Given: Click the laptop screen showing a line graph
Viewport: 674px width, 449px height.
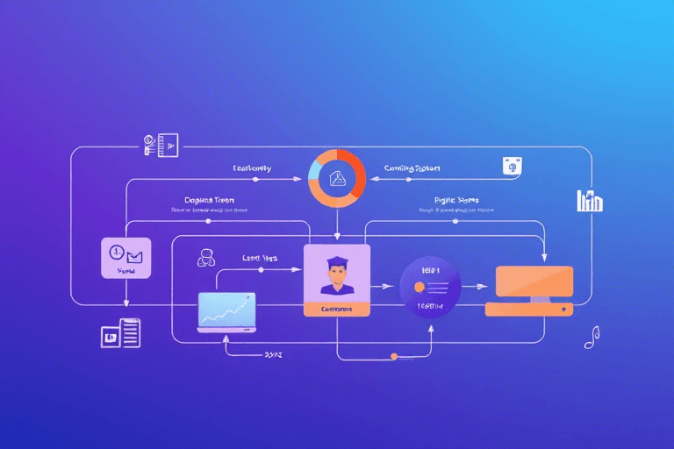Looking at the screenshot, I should point(226,310).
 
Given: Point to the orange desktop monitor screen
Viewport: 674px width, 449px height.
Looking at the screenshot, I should point(534,282).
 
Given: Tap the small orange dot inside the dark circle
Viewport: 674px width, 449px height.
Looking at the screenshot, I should point(419,287).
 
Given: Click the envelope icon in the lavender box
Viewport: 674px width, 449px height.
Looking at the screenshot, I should point(133,256).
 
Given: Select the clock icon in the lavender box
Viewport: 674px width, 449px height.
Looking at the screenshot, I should point(117,253).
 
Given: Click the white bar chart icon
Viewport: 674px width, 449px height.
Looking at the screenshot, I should point(590,201).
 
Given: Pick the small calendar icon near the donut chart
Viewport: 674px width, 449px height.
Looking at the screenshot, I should point(513,166).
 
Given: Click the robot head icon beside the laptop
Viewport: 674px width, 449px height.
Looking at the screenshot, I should point(207,257).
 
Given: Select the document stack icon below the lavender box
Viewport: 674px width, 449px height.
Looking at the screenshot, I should point(120,332).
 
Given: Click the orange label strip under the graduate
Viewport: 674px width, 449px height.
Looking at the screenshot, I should point(336,309).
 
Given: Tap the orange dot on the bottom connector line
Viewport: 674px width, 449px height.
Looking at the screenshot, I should point(394,356).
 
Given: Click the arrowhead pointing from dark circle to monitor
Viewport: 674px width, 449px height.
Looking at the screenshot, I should point(482,286).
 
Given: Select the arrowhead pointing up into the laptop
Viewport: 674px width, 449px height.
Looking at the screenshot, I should point(226,338).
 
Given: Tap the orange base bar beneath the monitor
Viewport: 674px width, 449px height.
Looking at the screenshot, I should point(529,309).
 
